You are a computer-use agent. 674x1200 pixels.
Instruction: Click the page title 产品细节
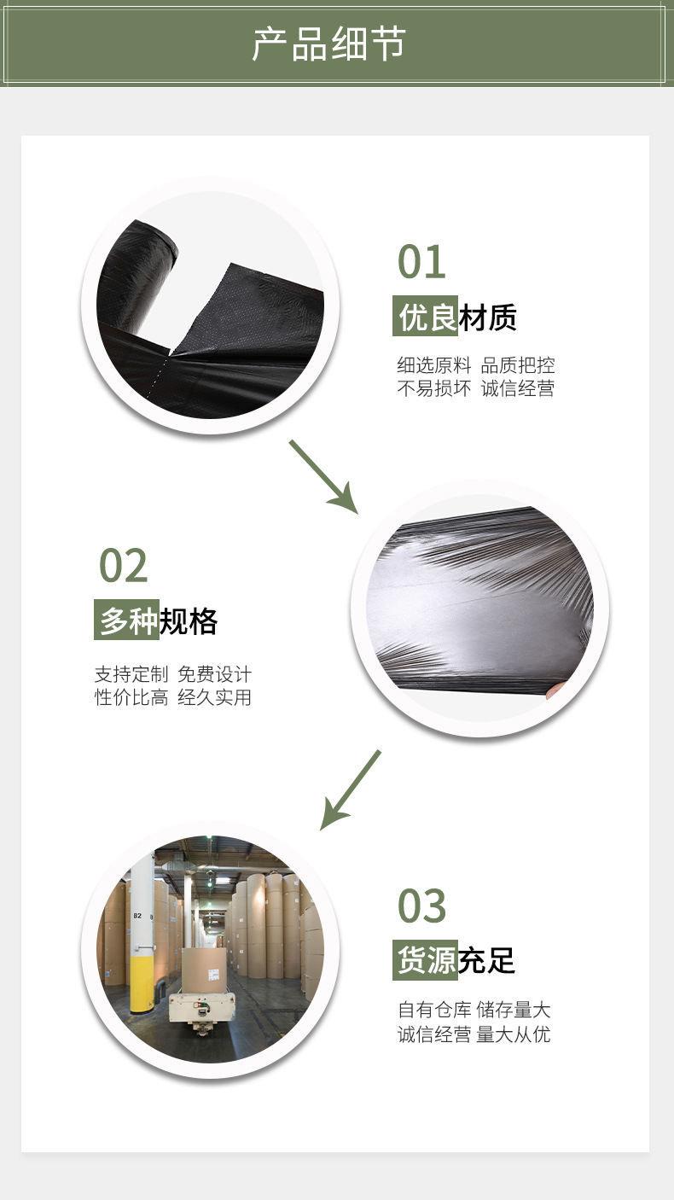(x=329, y=44)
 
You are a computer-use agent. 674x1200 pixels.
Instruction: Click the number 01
(x=421, y=262)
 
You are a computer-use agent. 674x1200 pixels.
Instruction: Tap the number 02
(x=124, y=566)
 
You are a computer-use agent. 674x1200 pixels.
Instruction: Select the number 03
(x=421, y=906)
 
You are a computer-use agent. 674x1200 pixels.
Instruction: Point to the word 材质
(x=488, y=318)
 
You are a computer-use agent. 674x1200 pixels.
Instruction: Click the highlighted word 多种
(x=127, y=621)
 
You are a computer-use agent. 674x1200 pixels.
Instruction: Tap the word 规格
(x=189, y=621)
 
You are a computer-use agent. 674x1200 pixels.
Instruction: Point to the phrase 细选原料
(x=433, y=365)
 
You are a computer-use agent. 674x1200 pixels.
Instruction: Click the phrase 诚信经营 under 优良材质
(x=518, y=389)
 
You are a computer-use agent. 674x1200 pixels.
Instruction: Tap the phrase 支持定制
(x=131, y=674)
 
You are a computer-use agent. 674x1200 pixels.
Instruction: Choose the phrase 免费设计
(x=215, y=674)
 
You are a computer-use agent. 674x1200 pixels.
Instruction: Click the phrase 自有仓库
(x=434, y=1011)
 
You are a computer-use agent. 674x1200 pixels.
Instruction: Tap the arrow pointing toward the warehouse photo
(x=350, y=790)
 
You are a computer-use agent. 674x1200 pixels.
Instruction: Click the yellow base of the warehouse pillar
(x=142, y=982)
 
